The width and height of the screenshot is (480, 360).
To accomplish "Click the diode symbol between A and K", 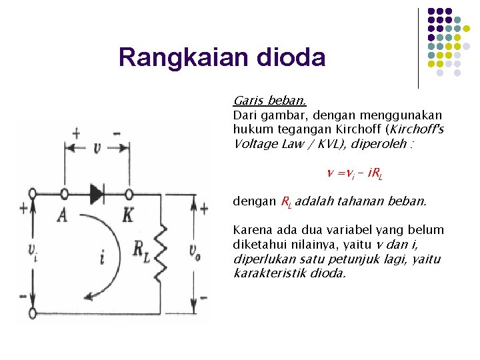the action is point(97,194).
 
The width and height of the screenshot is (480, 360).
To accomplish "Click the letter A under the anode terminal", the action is point(63,215).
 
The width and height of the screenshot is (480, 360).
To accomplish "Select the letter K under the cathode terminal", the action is point(128,215).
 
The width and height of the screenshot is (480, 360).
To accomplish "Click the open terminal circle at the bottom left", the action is point(33,313).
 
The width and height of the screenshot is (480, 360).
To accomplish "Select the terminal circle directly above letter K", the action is point(129,194).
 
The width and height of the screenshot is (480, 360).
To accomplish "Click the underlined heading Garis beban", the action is point(269,101).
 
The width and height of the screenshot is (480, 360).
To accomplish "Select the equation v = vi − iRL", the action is point(353,174).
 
